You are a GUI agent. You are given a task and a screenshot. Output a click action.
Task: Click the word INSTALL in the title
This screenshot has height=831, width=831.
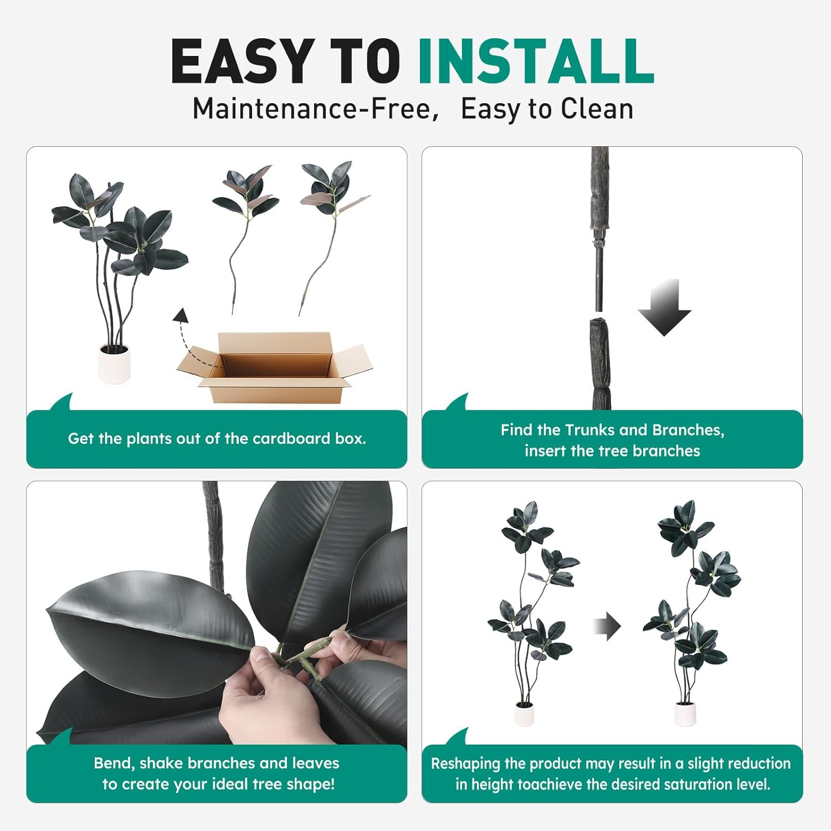click(x=536, y=61)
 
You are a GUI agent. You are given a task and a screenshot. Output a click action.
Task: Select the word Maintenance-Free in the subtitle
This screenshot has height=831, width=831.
click(x=311, y=109)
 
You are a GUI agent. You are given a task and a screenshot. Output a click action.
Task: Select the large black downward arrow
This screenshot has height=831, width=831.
click(x=664, y=307)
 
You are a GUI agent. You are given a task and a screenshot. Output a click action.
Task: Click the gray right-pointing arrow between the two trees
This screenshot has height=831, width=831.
click(x=608, y=626)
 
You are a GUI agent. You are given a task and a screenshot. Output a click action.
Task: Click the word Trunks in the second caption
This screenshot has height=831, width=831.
click(x=589, y=430)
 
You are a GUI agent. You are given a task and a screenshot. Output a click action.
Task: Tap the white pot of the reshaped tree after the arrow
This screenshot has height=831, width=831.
click(x=685, y=714)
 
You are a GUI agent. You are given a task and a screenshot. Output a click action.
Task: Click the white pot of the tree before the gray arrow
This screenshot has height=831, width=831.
click(x=525, y=714)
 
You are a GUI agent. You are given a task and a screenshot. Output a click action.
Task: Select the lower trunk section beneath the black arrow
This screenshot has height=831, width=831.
click(x=600, y=363)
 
